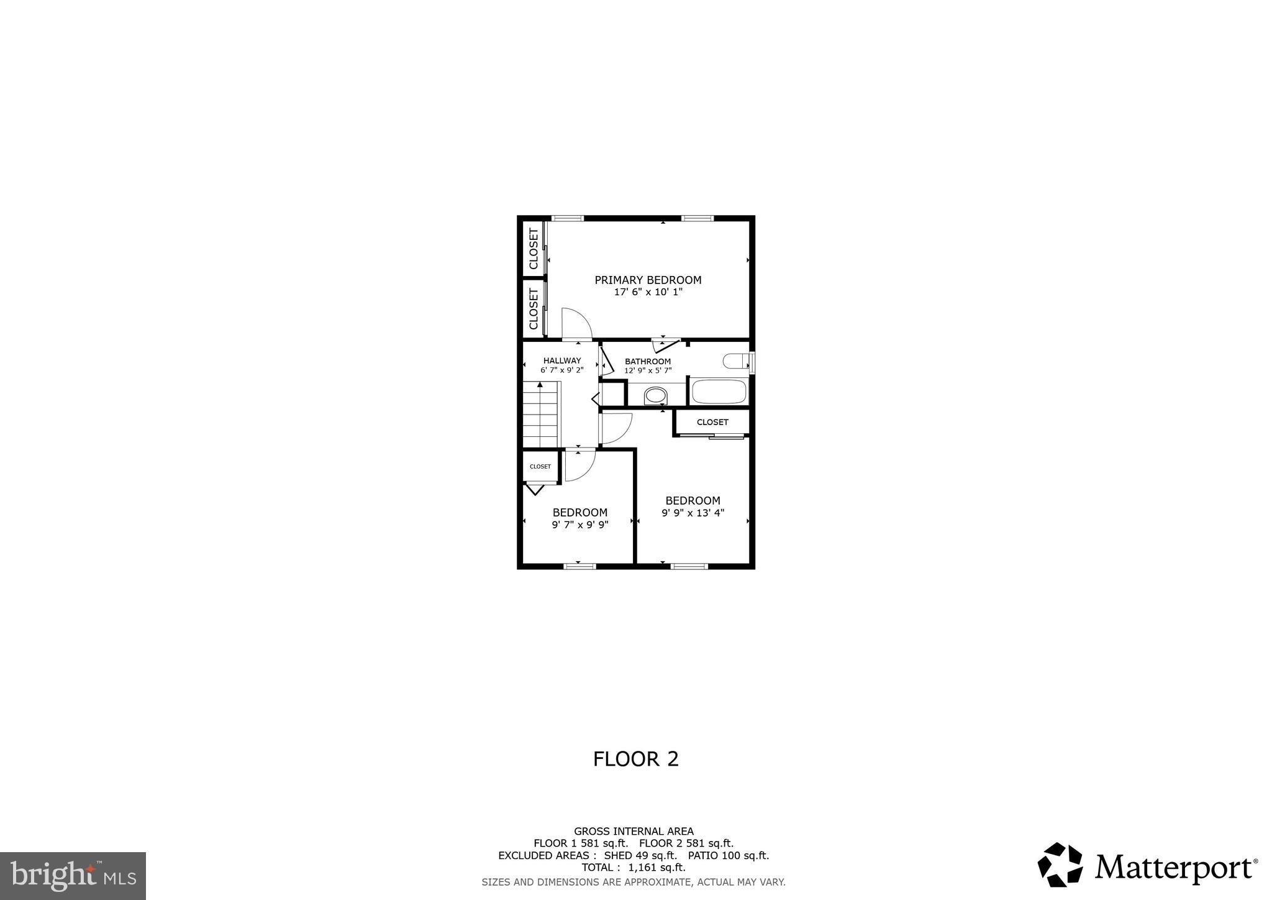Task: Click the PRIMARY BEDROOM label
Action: point(648,280)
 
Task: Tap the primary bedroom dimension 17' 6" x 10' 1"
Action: point(648,292)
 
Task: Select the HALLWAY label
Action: point(562,360)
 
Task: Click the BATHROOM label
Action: point(648,362)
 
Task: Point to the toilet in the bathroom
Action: point(737,362)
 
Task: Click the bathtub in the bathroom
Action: point(719,392)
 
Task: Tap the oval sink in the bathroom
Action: point(655,395)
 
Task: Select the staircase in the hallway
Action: point(541,415)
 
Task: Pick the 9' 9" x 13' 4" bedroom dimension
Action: point(693,513)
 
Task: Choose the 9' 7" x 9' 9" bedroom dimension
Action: point(579,525)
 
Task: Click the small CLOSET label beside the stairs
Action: point(540,467)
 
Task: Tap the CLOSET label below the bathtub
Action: point(712,423)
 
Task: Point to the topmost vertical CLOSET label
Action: point(534,249)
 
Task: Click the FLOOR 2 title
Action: point(635,759)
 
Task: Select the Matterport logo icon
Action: point(1060,865)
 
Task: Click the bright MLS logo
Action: point(73,876)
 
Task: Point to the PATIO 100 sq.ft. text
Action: point(728,855)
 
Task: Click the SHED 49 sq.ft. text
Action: point(640,855)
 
